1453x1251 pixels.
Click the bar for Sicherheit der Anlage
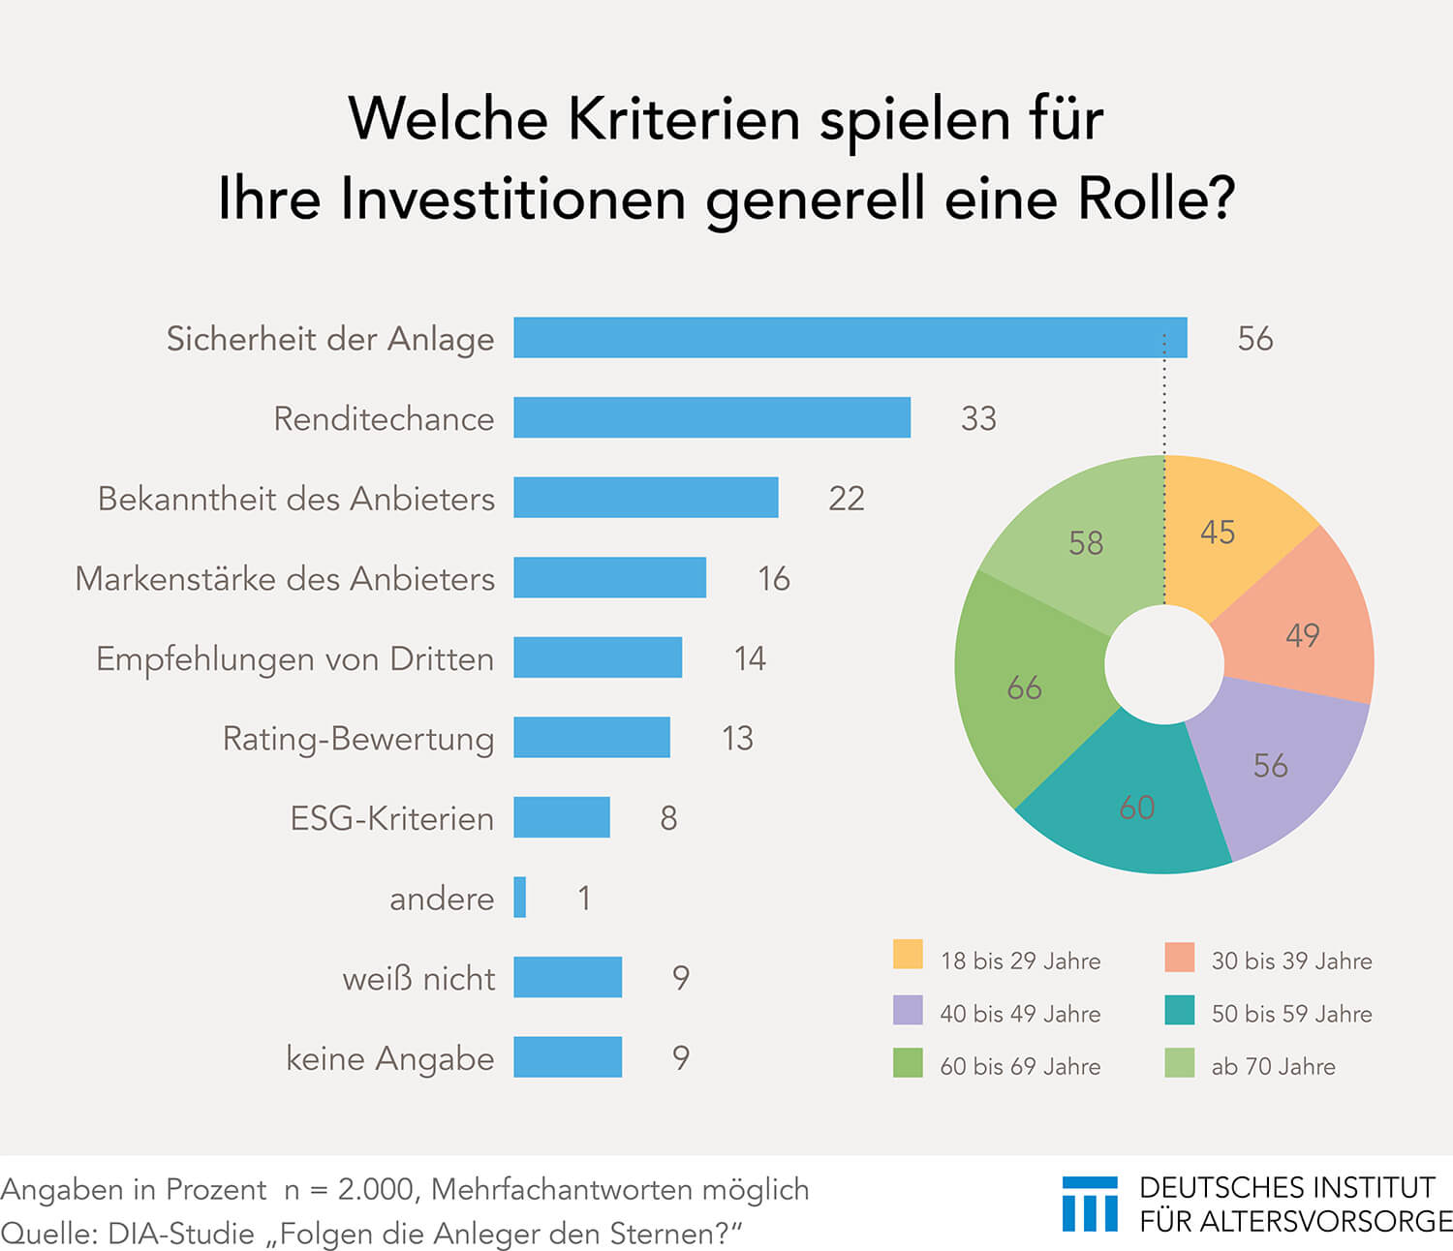(x=850, y=337)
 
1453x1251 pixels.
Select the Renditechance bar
(x=712, y=417)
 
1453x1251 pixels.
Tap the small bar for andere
(x=519, y=897)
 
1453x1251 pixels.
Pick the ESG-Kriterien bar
(x=562, y=816)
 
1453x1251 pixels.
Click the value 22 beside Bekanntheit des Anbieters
(x=847, y=499)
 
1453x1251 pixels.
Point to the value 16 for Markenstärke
(x=774, y=578)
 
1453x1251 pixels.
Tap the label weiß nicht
(x=419, y=978)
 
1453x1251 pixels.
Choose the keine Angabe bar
(x=568, y=1056)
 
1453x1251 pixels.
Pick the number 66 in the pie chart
(x=1024, y=687)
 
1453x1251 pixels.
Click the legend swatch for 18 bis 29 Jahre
(x=908, y=955)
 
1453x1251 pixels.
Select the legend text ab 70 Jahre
(x=1273, y=1066)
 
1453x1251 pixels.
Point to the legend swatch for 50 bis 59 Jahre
(x=1179, y=1010)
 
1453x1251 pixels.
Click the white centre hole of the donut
(x=1164, y=664)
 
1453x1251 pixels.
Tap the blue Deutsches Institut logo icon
(x=1090, y=1204)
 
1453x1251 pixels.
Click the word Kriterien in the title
(x=684, y=119)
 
